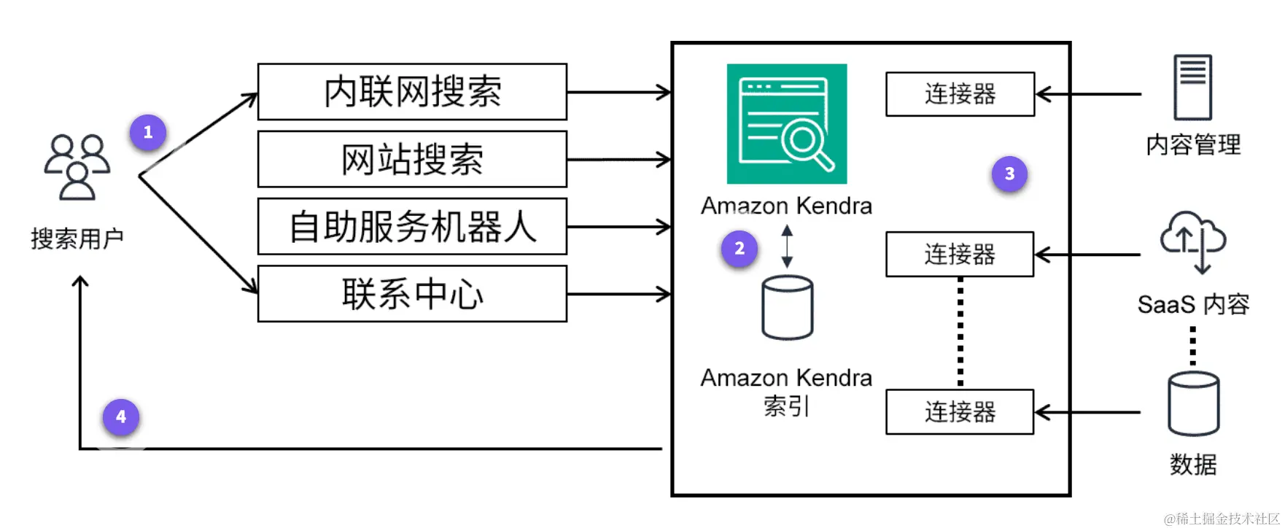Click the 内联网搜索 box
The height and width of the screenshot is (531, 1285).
pyautogui.click(x=412, y=92)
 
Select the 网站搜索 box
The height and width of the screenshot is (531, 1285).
pyautogui.click(x=412, y=159)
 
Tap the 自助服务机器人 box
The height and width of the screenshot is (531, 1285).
pyautogui.click(x=412, y=226)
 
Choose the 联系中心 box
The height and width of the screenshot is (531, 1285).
pyautogui.click(x=412, y=294)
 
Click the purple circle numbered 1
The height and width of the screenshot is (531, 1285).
pyautogui.click(x=148, y=133)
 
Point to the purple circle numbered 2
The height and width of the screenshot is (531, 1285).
pyautogui.click(x=739, y=249)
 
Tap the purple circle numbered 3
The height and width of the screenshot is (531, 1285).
pyautogui.click(x=1009, y=174)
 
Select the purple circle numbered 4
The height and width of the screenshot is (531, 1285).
pyautogui.click(x=121, y=416)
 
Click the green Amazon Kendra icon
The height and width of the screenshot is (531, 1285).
pyautogui.click(x=786, y=123)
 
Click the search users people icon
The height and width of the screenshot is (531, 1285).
pyautogui.click(x=77, y=166)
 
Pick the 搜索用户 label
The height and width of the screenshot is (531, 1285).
pyautogui.click(x=77, y=239)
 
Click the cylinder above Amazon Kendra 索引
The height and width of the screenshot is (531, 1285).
pyautogui.click(x=787, y=308)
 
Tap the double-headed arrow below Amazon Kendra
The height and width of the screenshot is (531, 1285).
pyautogui.click(x=787, y=246)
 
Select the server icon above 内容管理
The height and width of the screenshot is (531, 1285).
pyautogui.click(x=1192, y=87)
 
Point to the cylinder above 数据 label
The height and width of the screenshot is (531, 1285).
pyautogui.click(x=1193, y=403)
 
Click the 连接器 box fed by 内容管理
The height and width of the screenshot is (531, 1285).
pyautogui.click(x=960, y=94)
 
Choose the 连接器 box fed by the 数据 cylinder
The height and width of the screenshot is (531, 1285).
pyautogui.click(x=960, y=412)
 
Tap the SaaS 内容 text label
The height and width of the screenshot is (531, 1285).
pyautogui.click(x=1193, y=304)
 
